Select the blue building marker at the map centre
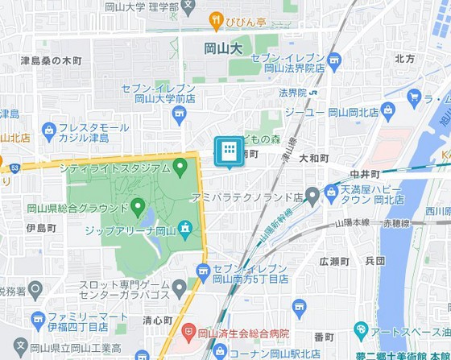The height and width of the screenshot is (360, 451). (x=229, y=151)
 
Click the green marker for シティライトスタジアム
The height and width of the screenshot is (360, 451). (x=180, y=168)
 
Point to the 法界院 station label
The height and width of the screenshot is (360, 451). (x=294, y=93)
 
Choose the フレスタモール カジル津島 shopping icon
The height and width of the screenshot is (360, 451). (x=50, y=129)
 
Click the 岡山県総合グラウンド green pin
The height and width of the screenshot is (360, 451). (x=138, y=206)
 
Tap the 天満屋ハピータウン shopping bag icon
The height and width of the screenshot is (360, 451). (x=331, y=190)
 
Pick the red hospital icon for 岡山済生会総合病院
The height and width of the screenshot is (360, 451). (x=188, y=331)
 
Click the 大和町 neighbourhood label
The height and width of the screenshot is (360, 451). (x=313, y=159)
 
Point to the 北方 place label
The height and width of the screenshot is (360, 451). (x=404, y=59)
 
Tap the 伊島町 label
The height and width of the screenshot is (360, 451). (x=40, y=228)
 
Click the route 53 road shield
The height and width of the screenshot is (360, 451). (x=15, y=167)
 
